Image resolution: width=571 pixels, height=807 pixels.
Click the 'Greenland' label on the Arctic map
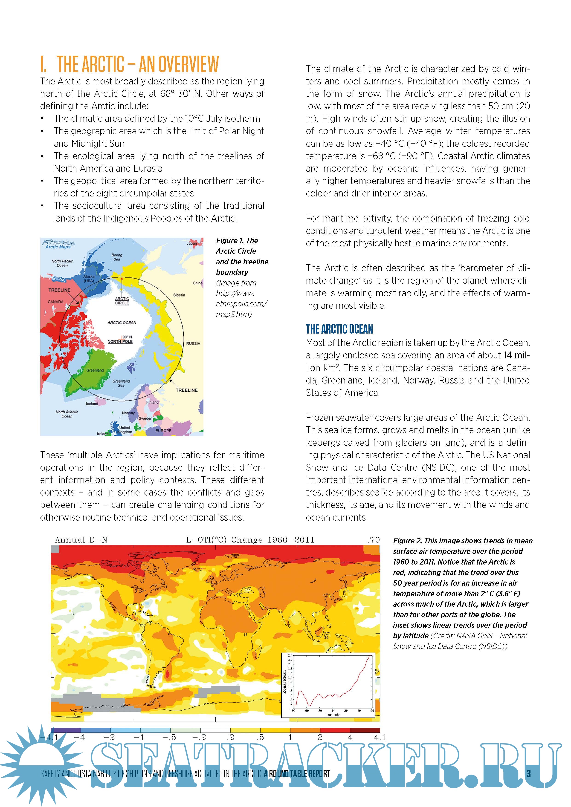click(x=95, y=370)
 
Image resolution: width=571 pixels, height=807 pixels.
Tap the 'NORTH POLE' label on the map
click(x=120, y=341)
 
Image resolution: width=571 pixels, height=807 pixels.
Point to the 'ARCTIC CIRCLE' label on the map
click(x=122, y=301)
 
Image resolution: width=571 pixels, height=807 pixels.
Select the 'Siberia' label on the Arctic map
click(x=179, y=295)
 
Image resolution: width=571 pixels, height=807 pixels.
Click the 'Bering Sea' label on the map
click(x=117, y=257)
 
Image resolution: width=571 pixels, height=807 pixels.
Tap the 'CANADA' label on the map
click(x=55, y=302)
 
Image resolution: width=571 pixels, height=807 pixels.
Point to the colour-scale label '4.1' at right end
click(x=380, y=737)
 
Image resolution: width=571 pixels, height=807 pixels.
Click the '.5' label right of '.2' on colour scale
click(x=260, y=737)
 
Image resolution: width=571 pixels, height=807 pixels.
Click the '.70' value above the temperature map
click(x=373, y=540)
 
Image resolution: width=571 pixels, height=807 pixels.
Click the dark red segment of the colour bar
click(x=365, y=730)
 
